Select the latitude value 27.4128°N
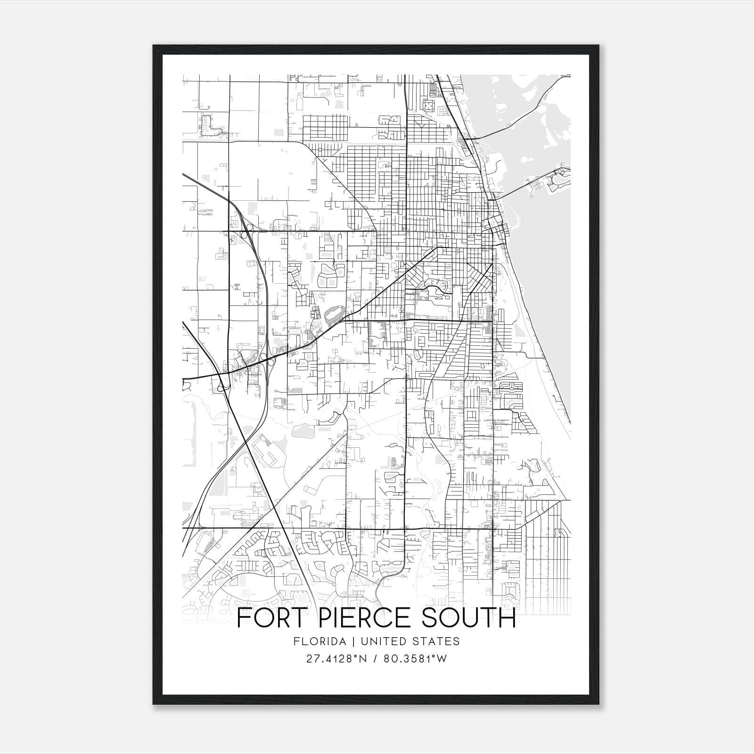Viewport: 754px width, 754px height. click(x=336, y=659)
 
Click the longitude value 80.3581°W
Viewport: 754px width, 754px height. click(x=415, y=659)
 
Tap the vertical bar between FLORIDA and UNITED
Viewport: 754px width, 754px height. click(x=347, y=641)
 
